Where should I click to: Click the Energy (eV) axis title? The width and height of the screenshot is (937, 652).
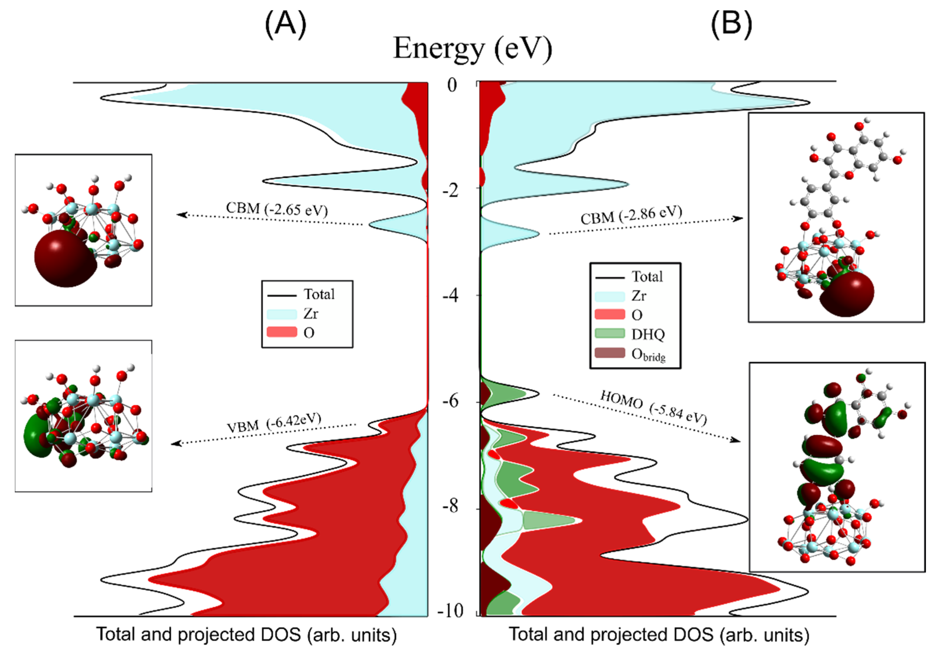(472, 49)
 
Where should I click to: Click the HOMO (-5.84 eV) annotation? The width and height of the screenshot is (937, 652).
(653, 407)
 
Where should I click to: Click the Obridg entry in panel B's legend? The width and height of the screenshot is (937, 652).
(648, 354)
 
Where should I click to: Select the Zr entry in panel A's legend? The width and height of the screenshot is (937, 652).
(310, 314)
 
